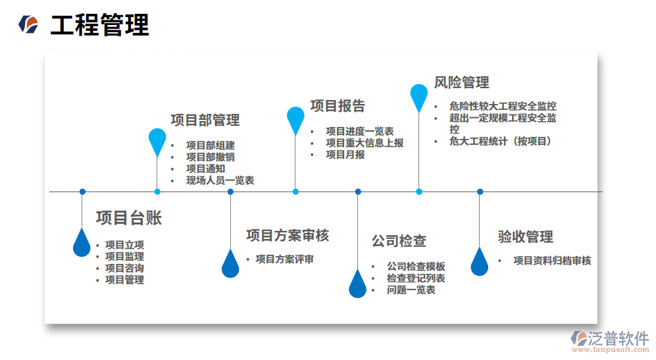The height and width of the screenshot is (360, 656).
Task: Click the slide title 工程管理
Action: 100,26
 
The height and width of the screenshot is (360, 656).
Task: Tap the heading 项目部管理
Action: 205,120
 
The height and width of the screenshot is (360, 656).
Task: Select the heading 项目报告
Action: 338,106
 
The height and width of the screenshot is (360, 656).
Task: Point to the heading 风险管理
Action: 461,82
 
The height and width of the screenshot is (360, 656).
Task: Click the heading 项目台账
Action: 129,219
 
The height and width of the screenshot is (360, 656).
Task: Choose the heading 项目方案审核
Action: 288,235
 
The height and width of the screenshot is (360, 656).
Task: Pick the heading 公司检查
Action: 399,241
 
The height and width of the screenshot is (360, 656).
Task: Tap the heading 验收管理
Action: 525,237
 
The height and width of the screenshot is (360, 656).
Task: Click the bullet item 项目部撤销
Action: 211,157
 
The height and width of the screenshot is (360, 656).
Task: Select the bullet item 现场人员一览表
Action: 220,180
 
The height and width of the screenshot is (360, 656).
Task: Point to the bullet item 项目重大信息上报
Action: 365,143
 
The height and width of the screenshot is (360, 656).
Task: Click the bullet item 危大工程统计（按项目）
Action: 501,141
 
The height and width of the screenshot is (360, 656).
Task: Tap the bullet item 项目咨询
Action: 124,268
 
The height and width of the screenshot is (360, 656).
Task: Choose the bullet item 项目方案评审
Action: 284,259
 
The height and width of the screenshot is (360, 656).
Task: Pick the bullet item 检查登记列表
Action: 416,278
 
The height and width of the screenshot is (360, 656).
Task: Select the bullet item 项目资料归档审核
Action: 552,261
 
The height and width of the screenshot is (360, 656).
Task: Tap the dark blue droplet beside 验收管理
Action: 480,262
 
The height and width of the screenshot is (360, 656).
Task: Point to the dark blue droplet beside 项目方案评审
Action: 230,265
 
